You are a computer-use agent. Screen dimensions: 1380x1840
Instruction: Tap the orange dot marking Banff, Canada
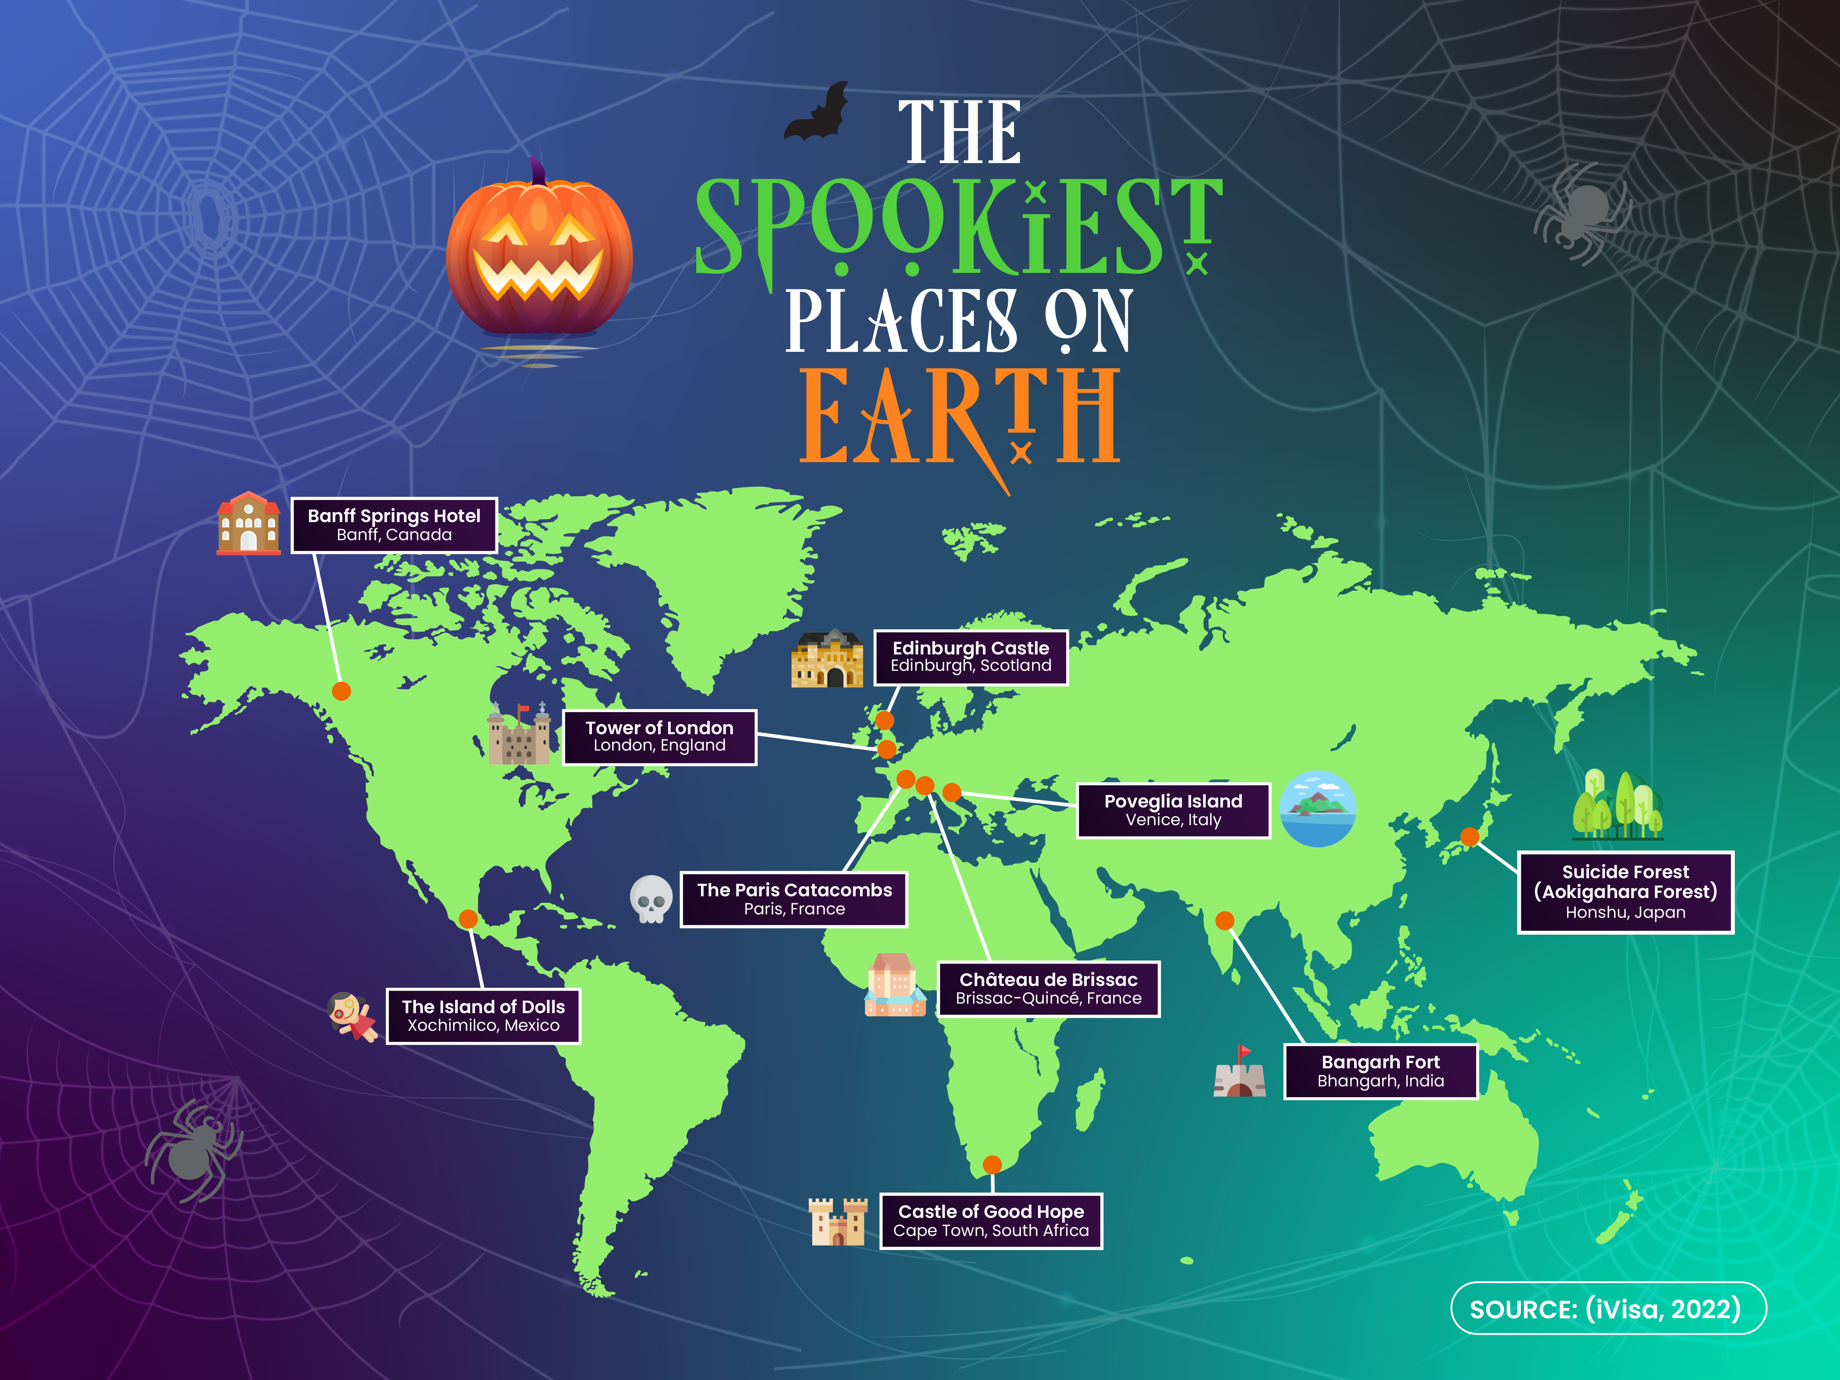pyautogui.click(x=341, y=690)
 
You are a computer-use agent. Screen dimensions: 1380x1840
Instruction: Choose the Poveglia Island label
pyautogui.click(x=1173, y=810)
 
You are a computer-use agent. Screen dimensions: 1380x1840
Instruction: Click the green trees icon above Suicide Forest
pyautogui.click(x=1616, y=804)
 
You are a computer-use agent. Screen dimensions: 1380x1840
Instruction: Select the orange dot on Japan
pyautogui.click(x=1470, y=837)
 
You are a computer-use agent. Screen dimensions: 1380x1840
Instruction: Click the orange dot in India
pyautogui.click(x=1224, y=920)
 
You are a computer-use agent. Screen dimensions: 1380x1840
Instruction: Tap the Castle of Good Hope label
pyautogui.click(x=991, y=1220)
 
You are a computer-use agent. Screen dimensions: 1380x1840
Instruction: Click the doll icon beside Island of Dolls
pyautogui.click(x=352, y=1016)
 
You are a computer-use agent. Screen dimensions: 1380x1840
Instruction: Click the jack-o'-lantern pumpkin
pyautogui.click(x=539, y=253)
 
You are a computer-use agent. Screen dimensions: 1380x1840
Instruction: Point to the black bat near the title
pyautogui.click(x=818, y=114)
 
